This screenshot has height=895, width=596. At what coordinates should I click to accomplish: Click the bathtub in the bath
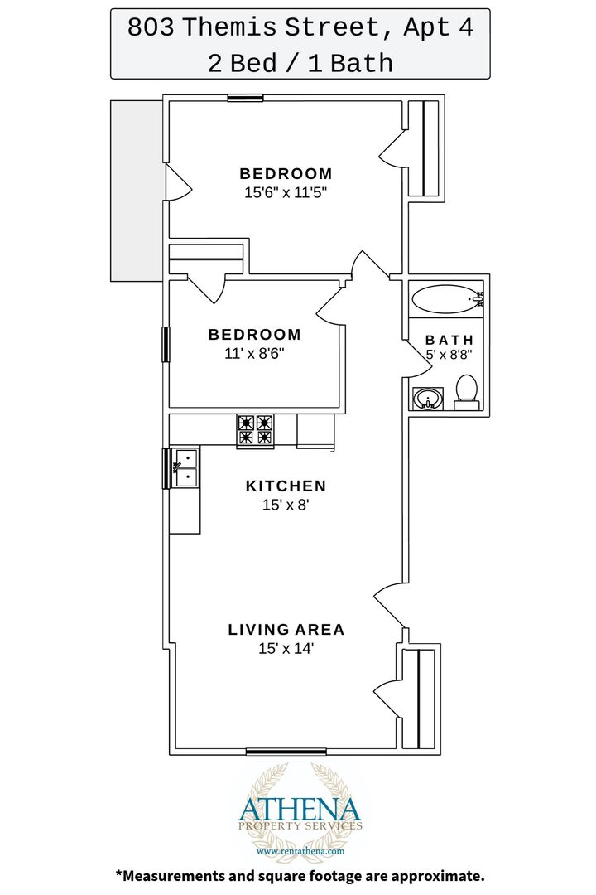tap(448, 298)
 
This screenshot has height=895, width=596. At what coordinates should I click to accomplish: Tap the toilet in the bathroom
tap(467, 392)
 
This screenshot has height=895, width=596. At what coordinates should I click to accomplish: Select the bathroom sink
tap(428, 399)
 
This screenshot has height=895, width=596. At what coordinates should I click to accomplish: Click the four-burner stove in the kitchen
tap(255, 430)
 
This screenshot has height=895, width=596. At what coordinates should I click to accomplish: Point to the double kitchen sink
tap(185, 467)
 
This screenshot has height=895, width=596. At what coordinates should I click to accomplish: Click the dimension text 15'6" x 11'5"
tap(286, 192)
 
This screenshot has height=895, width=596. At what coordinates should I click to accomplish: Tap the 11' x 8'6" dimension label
tap(254, 353)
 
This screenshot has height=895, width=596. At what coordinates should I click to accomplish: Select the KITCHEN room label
tap(286, 486)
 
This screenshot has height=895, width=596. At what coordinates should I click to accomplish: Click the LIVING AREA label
tap(286, 630)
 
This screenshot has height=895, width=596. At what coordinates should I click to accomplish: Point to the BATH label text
tap(449, 341)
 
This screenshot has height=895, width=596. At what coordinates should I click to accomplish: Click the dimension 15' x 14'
tap(286, 648)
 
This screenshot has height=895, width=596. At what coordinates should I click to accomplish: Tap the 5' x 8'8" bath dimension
tap(449, 355)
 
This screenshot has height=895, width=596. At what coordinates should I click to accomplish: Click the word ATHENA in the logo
tap(300, 810)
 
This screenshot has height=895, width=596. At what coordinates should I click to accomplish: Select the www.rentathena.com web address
tap(300, 850)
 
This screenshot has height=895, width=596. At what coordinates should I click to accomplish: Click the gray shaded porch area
tap(137, 191)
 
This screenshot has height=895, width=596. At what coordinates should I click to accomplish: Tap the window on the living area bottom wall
tap(286, 751)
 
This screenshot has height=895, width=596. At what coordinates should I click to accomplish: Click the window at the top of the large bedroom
tap(245, 98)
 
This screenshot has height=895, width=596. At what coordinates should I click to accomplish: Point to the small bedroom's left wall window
tap(166, 344)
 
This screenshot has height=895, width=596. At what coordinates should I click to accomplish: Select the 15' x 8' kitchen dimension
tap(286, 505)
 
